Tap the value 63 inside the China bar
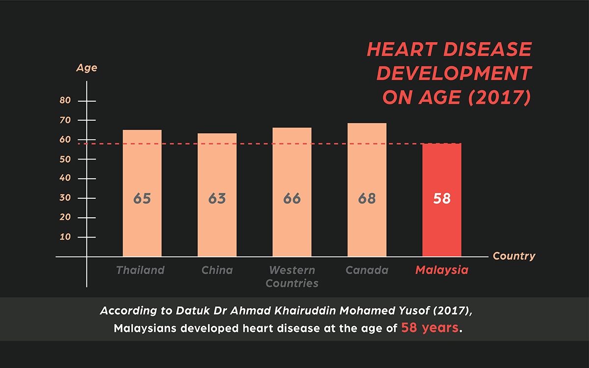(x=217, y=199)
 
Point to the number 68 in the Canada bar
(x=367, y=199)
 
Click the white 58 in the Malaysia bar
(x=442, y=199)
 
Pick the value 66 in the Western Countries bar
(x=292, y=199)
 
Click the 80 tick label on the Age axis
(x=66, y=101)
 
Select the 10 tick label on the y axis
(x=66, y=237)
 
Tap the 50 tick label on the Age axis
(x=66, y=159)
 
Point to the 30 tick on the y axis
(x=66, y=198)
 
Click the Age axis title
(x=87, y=68)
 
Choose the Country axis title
(x=514, y=256)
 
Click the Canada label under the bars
(x=367, y=270)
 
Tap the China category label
(x=217, y=270)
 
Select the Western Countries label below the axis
(x=292, y=277)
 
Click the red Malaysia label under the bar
(x=442, y=270)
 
